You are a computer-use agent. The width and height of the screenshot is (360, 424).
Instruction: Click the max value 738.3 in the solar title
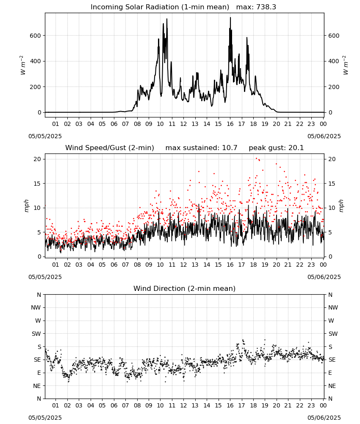(266, 7)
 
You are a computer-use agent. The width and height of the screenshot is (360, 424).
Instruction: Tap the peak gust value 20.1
(296, 148)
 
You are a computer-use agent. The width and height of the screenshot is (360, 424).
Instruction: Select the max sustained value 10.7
(230, 148)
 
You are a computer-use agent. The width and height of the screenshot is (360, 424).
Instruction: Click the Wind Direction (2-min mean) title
(185, 288)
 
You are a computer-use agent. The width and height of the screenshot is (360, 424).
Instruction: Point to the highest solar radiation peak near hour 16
(230, 17)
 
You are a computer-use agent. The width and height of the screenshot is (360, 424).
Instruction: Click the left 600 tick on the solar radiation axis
(36, 36)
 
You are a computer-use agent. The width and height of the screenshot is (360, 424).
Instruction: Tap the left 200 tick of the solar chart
(36, 87)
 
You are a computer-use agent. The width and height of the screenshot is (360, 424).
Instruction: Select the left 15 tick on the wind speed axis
(38, 184)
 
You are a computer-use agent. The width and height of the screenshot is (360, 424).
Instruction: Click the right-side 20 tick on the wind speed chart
(332, 159)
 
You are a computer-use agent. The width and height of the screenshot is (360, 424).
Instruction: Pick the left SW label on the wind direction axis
(36, 334)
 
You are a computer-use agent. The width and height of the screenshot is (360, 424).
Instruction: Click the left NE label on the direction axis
(37, 386)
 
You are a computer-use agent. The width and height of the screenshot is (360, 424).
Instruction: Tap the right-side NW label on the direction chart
(333, 308)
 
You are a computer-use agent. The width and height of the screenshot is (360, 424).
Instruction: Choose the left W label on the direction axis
(38, 321)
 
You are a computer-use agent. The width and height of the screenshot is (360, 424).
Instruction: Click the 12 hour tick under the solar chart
(184, 124)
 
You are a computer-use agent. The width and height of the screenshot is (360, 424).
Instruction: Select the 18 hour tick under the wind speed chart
(253, 265)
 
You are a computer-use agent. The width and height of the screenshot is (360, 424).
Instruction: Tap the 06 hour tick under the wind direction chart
(114, 406)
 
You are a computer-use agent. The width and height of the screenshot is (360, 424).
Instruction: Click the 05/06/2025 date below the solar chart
(324, 136)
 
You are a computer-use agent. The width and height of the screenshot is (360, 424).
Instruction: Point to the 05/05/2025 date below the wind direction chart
(45, 418)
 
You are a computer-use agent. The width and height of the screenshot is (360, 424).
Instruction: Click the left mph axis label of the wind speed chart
(26, 206)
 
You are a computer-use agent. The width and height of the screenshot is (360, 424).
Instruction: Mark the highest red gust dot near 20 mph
(256, 159)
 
